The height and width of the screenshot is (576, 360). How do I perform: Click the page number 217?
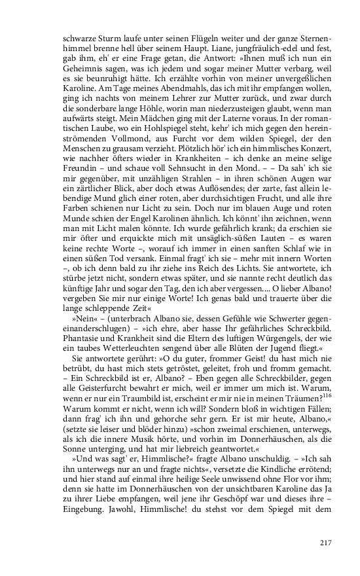pyautogui.click(x=327, y=542)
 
